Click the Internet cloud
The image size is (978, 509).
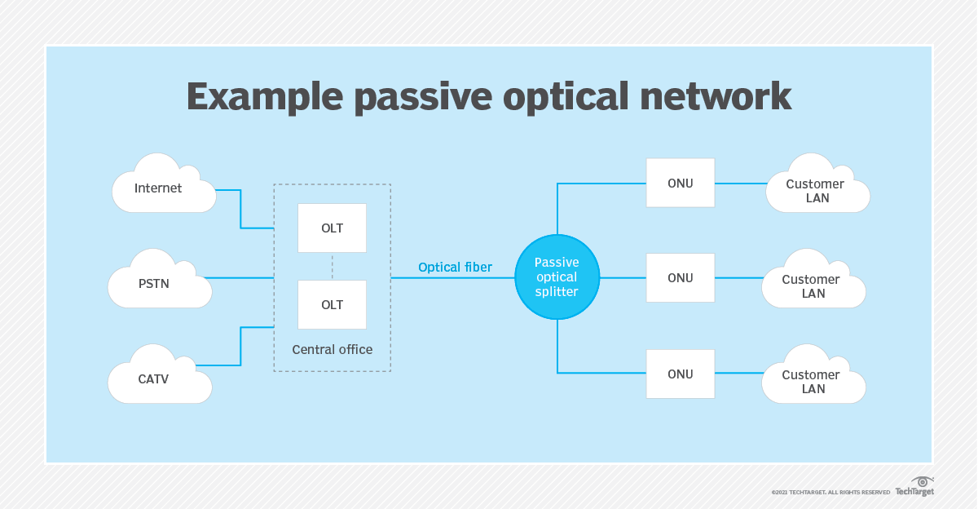[x=161, y=188]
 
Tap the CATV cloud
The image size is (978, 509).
[x=158, y=378]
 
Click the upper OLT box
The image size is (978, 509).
[x=332, y=228]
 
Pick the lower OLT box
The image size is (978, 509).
[x=332, y=304]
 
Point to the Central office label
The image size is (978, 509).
[x=332, y=349]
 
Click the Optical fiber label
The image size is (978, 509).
[x=455, y=267]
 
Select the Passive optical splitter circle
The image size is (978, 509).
[x=557, y=277]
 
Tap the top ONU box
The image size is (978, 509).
[x=680, y=183]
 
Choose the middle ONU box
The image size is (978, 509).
[x=680, y=278]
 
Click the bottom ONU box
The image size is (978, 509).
[x=680, y=374]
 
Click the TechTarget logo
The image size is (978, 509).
[x=914, y=488]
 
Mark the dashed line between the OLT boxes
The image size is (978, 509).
[x=332, y=266]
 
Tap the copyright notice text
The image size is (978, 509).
[x=830, y=492]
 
